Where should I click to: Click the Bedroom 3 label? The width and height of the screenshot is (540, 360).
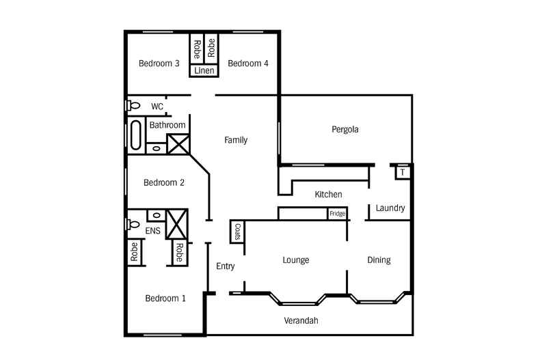pyautogui.click(x=159, y=64)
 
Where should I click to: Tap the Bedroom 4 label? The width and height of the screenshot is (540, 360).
pyautogui.click(x=247, y=64)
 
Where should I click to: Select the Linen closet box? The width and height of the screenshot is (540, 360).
pyautogui.click(x=204, y=70)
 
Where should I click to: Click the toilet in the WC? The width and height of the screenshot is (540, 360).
pyautogui.click(x=133, y=106)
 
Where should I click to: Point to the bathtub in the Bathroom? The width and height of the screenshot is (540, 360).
pyautogui.click(x=134, y=135)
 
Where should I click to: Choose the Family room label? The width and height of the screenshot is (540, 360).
pyautogui.click(x=236, y=140)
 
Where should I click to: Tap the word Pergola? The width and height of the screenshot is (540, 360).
pyautogui.click(x=345, y=129)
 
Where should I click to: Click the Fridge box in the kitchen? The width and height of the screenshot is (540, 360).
pyautogui.click(x=337, y=214)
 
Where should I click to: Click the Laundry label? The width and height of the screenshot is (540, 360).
pyautogui.click(x=390, y=208)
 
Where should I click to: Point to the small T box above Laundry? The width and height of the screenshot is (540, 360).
pyautogui.click(x=403, y=172)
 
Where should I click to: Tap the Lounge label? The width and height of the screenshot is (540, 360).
pyautogui.click(x=296, y=260)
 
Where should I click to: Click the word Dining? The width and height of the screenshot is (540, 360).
pyautogui.click(x=379, y=260)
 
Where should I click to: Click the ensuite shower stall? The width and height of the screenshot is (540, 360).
pyautogui.click(x=178, y=223)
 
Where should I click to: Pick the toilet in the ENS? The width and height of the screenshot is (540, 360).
pyautogui.click(x=133, y=224)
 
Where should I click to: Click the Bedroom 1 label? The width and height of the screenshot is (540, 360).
pyautogui.click(x=165, y=299)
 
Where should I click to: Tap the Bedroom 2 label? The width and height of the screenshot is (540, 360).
pyautogui.click(x=164, y=183)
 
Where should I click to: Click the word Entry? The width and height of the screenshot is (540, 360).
pyautogui.click(x=226, y=266)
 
